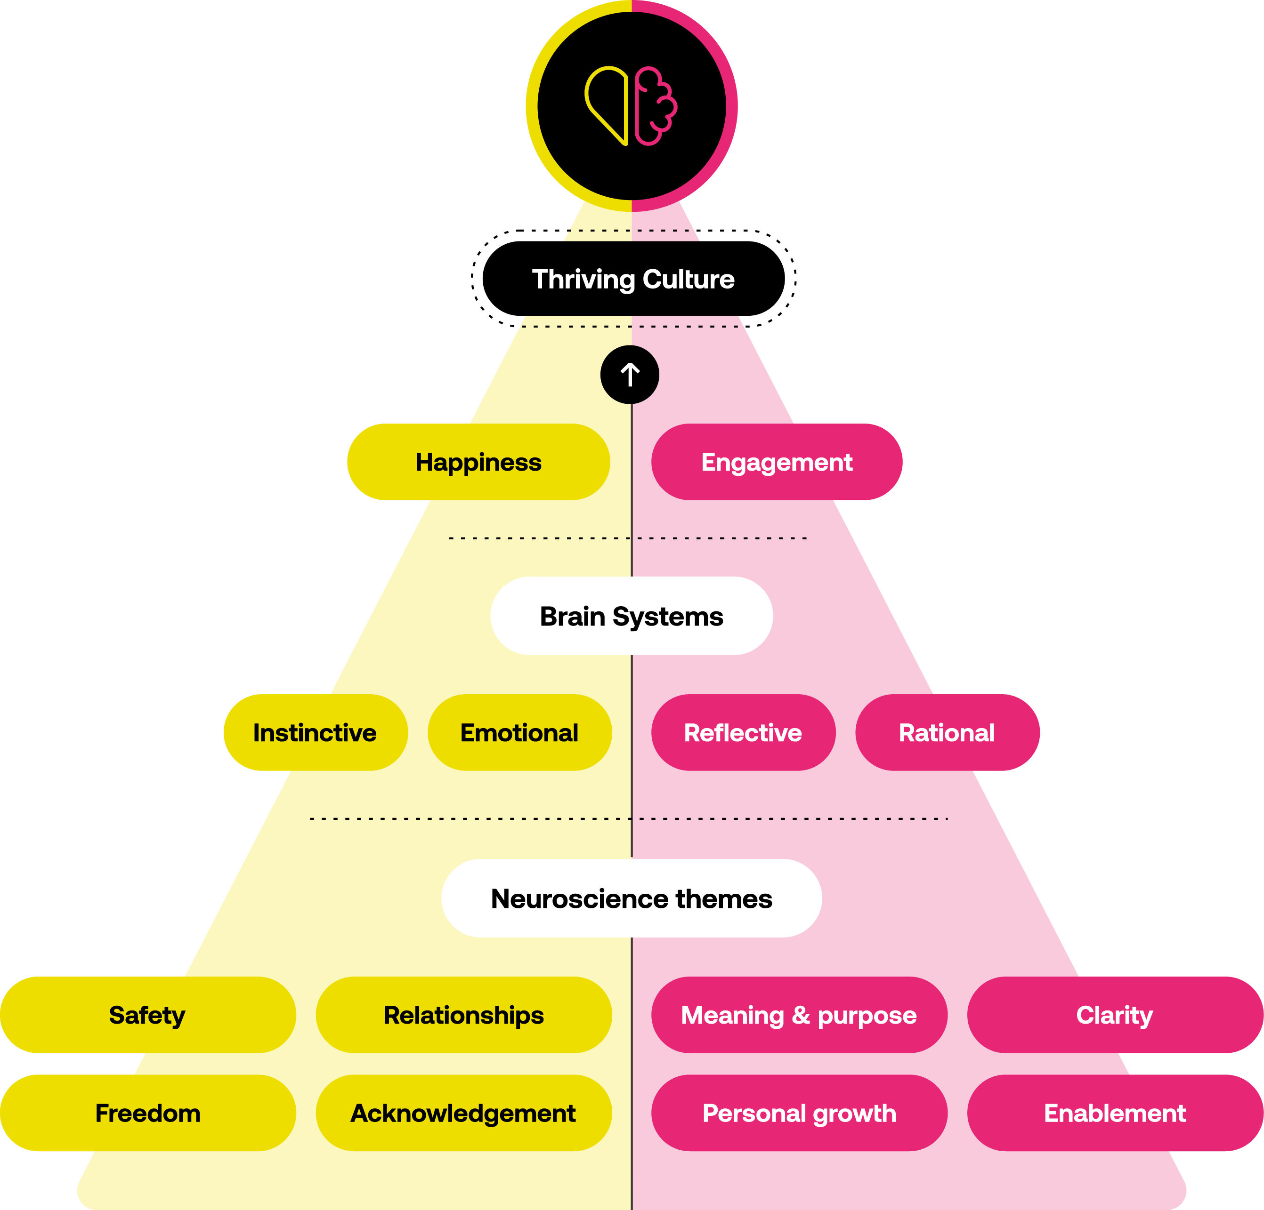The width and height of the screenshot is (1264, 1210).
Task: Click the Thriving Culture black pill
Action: (x=633, y=279)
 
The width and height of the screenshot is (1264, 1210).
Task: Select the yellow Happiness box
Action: (x=478, y=462)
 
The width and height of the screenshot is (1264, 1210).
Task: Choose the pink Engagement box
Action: (x=777, y=462)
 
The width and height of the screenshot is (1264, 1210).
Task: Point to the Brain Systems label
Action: (x=632, y=616)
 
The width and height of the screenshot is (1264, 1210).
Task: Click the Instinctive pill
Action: (x=316, y=732)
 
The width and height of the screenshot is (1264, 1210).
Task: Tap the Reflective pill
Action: (x=743, y=732)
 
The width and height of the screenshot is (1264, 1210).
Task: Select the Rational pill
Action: (x=947, y=732)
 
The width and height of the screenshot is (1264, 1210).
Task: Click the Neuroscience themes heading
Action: (x=632, y=898)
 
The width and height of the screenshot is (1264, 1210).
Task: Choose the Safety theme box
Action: (x=148, y=1015)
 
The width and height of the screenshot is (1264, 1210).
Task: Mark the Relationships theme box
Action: (x=464, y=1015)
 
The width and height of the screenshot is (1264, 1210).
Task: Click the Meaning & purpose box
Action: (x=799, y=1015)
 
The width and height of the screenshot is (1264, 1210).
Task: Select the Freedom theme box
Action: (x=148, y=1113)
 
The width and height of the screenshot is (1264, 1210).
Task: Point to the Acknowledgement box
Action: (x=464, y=1113)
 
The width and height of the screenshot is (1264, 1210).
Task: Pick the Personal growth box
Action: (x=799, y=1113)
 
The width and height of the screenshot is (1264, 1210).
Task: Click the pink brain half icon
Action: (x=655, y=106)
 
